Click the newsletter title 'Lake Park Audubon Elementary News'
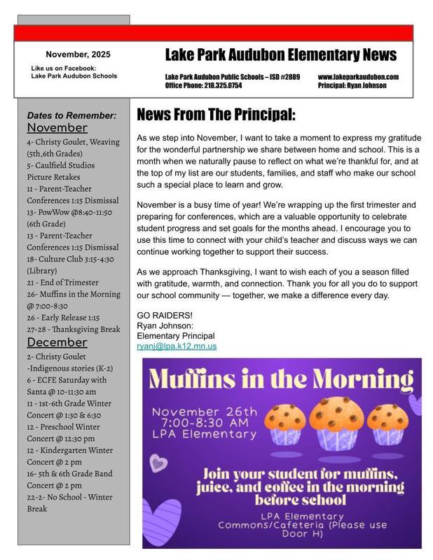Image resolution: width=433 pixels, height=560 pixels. pyautogui.click(x=280, y=55)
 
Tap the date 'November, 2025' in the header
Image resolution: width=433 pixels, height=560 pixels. pyautogui.click(x=78, y=54)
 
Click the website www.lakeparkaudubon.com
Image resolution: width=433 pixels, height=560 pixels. pyautogui.click(x=357, y=76)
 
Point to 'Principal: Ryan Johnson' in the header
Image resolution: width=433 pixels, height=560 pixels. pyautogui.click(x=352, y=85)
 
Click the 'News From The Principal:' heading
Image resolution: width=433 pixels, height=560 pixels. pyautogui.click(x=216, y=114)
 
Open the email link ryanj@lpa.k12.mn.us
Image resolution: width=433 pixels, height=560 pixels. pyautogui.click(x=177, y=346)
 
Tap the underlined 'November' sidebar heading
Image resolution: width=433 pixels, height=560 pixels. pyautogui.click(x=57, y=128)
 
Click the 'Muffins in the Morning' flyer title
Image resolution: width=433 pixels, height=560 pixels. pyautogui.click(x=281, y=379)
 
